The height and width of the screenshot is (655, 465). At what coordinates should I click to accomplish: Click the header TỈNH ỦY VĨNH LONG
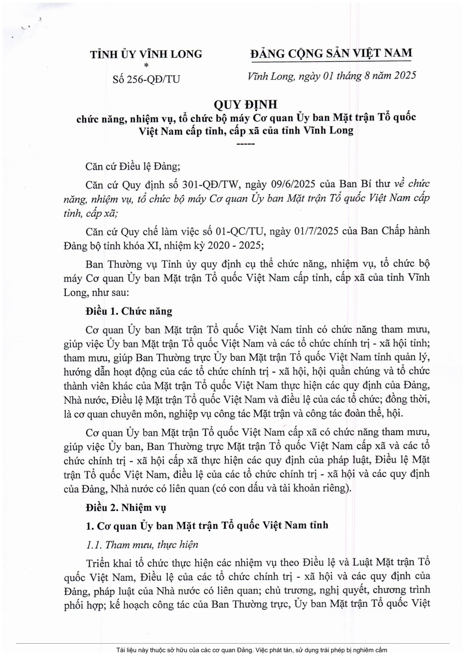click(146, 54)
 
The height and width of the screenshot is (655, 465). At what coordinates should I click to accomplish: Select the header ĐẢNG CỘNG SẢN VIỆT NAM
click(331, 53)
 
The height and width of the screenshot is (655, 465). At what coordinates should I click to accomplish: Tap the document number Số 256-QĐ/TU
click(146, 79)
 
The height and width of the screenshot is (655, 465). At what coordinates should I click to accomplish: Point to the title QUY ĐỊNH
click(246, 105)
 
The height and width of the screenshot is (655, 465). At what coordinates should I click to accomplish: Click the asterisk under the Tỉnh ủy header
click(146, 65)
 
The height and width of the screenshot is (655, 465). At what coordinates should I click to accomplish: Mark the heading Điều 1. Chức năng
click(129, 311)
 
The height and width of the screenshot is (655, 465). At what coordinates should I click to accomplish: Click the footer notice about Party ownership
click(252, 650)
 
